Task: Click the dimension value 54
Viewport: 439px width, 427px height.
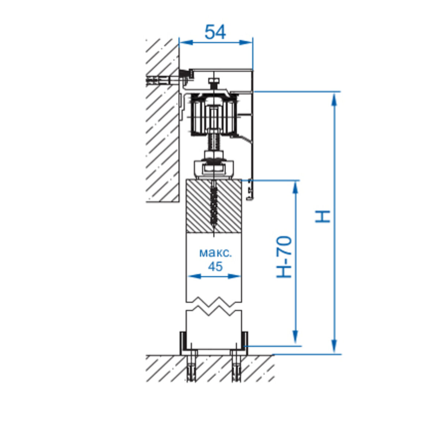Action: (x=215, y=32)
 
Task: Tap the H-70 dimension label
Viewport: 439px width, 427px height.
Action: (x=284, y=257)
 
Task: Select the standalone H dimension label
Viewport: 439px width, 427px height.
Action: (x=323, y=216)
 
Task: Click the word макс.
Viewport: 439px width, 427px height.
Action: (x=215, y=253)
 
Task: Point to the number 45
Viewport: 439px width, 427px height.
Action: (x=215, y=266)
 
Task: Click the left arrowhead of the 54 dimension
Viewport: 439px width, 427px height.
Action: (x=186, y=42)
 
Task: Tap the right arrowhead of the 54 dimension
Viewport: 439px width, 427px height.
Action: (x=246, y=42)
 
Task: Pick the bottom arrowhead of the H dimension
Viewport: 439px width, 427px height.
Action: (x=334, y=346)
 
